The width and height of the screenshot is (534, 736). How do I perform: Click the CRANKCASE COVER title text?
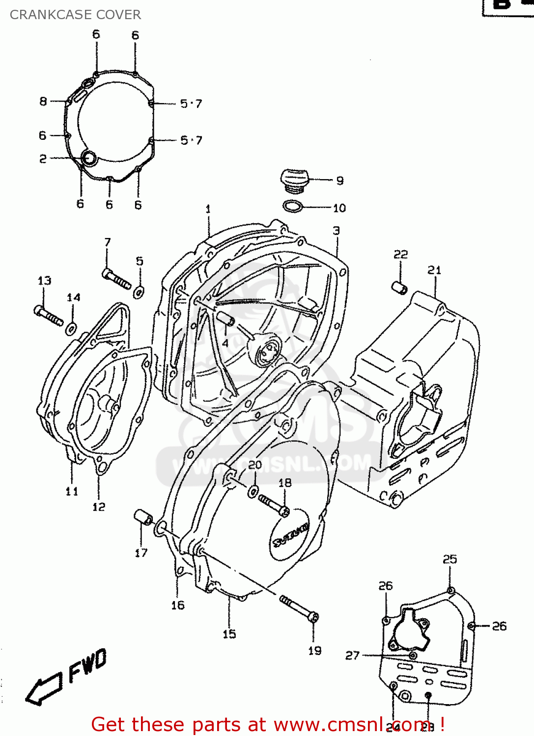click(75, 15)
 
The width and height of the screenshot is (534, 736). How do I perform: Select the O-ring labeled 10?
click(293, 207)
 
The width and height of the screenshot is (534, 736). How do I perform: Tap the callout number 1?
click(208, 209)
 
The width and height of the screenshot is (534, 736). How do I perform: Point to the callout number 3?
click(336, 231)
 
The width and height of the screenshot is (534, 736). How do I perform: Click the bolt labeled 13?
click(48, 315)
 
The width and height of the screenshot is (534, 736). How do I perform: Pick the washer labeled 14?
click(71, 328)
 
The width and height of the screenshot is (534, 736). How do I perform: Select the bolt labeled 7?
click(117, 279)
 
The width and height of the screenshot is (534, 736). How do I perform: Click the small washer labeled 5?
click(139, 292)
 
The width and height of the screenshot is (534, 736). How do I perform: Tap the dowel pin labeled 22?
click(399, 288)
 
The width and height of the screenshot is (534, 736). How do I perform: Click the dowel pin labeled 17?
click(143, 517)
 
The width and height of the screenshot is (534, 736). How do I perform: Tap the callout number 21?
click(434, 270)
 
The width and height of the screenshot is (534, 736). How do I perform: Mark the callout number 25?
click(450, 559)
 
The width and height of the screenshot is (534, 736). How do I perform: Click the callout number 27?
click(352, 656)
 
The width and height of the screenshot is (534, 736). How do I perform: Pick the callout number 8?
click(43, 101)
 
